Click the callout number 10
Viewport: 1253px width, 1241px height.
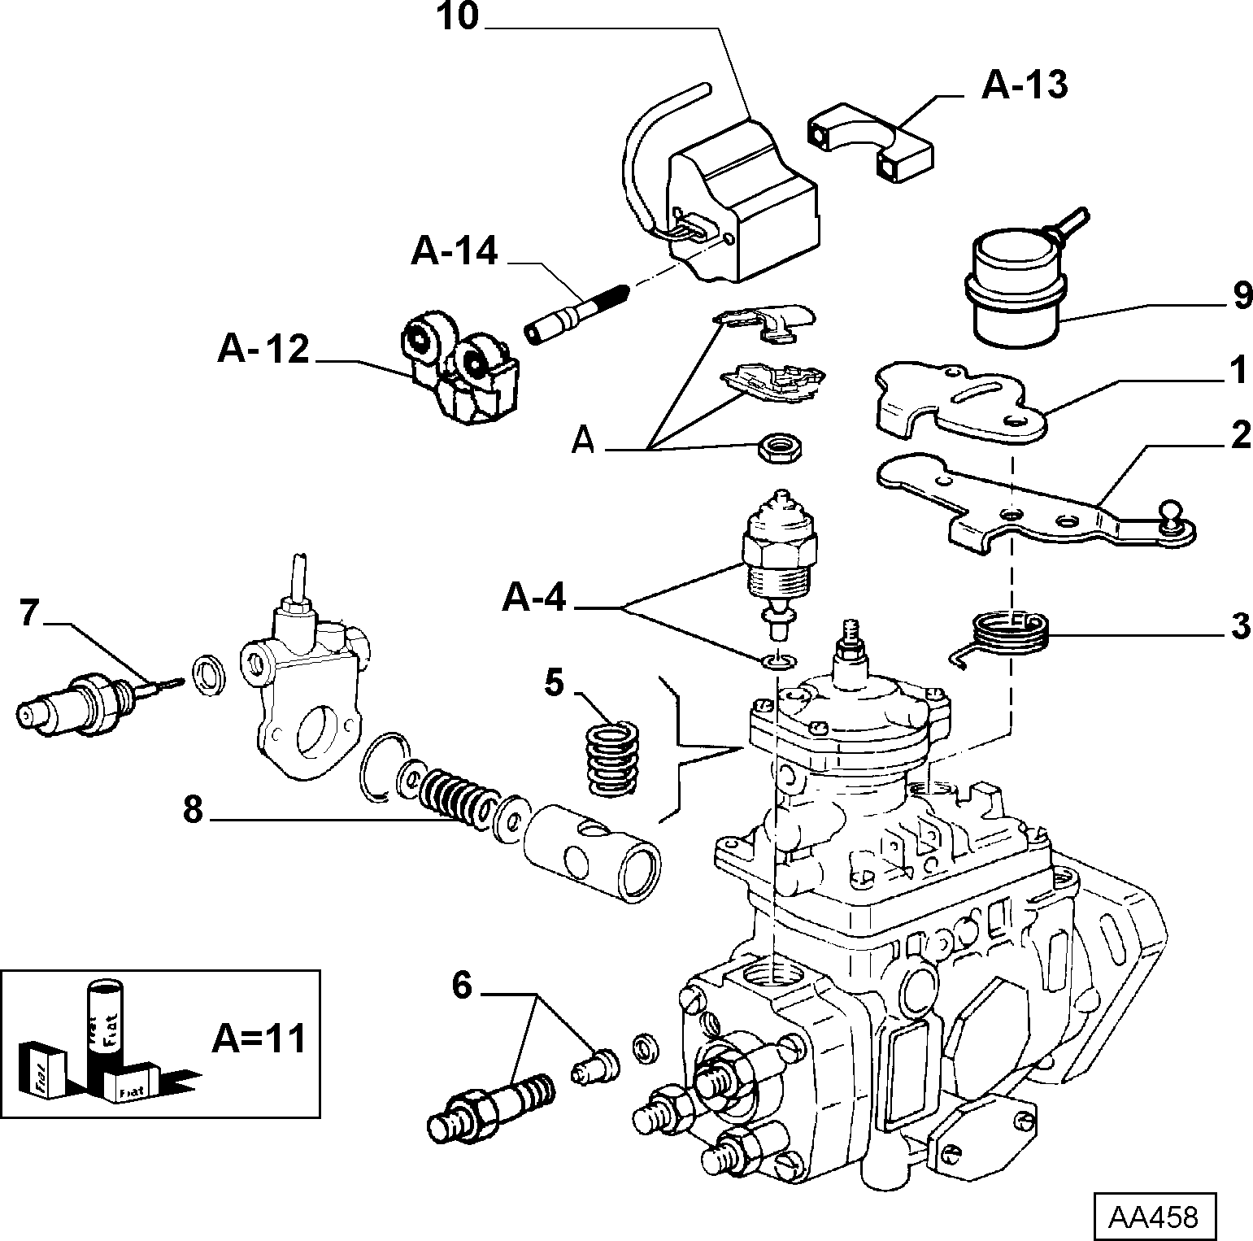(x=459, y=18)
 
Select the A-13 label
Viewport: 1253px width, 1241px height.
(x=1024, y=85)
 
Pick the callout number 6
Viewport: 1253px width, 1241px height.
(x=460, y=986)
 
